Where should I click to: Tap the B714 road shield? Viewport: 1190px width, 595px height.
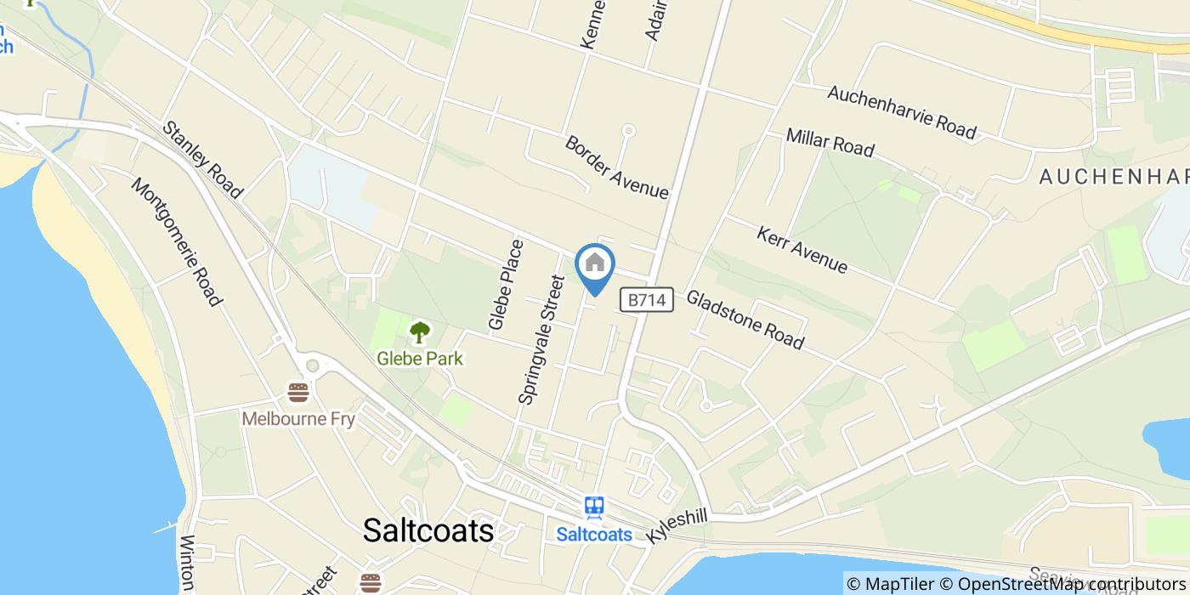pos(647,299)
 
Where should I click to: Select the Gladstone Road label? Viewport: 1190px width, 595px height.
pos(745,320)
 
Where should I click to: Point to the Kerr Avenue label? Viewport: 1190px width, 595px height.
pos(802,250)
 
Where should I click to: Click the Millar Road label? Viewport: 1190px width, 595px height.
pos(830,142)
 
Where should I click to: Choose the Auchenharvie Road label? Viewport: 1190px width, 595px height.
pos(902,111)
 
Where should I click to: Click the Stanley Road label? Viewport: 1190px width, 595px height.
pos(202,160)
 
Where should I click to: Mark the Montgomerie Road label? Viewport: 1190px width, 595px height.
pos(177,242)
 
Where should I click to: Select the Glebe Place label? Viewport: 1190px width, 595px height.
pos(506,285)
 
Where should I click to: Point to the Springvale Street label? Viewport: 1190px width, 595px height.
pos(541,340)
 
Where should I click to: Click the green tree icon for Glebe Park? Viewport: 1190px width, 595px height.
pos(420,332)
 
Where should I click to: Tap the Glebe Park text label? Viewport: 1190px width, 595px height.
pos(420,359)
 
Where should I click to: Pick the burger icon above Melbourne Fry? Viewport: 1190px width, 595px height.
pos(297,393)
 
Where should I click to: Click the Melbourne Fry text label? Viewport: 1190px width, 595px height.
pos(297,419)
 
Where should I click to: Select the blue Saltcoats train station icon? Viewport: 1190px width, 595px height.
pos(594,507)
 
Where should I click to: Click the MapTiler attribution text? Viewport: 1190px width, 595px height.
pos(892,584)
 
